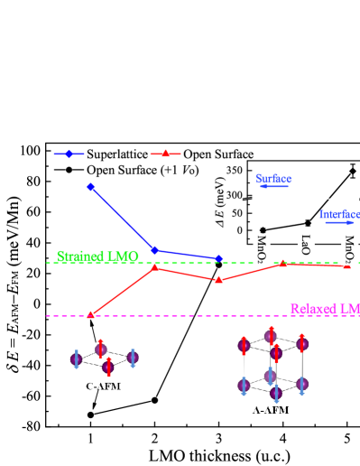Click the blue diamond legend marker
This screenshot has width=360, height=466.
click(69, 154)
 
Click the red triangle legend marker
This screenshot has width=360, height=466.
click(165, 154)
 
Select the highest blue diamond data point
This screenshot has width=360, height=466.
click(90, 187)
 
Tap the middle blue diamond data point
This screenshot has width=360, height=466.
click(154, 249)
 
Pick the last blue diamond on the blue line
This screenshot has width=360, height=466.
click(219, 259)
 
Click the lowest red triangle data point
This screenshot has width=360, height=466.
click(90, 314)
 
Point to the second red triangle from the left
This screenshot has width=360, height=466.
click(154, 267)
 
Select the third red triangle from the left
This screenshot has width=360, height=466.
click(218, 279)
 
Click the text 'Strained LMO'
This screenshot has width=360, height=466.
click(97, 256)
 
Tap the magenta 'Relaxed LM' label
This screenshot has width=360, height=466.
click(324, 309)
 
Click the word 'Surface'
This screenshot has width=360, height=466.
click(272, 179)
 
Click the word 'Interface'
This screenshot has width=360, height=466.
click(339, 214)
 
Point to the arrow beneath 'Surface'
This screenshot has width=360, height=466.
click(274, 187)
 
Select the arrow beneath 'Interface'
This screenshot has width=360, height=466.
click(339, 222)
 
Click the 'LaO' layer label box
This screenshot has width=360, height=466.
click(305, 246)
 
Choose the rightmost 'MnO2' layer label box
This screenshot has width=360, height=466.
click(349, 249)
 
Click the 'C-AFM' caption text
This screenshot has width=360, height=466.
click(104, 387)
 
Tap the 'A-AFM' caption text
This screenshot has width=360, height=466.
click(272, 409)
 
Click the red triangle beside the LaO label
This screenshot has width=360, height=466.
click(282, 263)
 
